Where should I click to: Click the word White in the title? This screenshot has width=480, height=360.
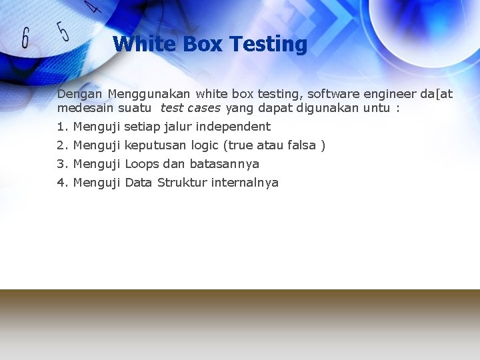coord(136,44)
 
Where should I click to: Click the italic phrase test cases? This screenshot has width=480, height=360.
coord(190,107)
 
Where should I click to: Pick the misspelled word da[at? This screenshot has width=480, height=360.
coord(436,94)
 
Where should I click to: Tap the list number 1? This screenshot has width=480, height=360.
coord(62,127)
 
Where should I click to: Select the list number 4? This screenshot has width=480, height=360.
coord(62,183)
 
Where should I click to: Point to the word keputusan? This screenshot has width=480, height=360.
coord(155,145)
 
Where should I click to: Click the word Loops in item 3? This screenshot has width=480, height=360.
coord(142,164)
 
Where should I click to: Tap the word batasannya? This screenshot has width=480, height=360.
coord(224,164)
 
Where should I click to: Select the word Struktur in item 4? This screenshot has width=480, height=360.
coord(182,183)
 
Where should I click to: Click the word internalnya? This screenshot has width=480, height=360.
coord(245,183)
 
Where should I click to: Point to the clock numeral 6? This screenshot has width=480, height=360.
coord(25,37)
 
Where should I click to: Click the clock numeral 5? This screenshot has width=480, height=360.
coord(63,31)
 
